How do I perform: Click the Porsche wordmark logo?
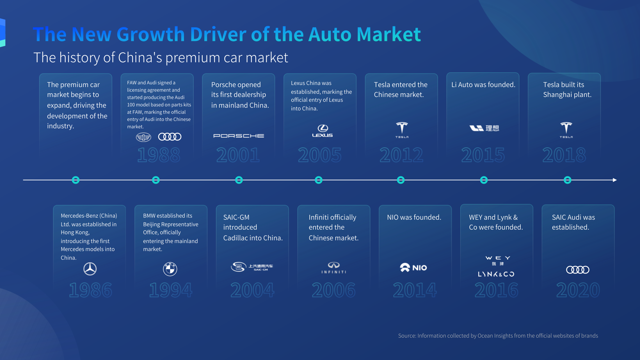tap(239, 136)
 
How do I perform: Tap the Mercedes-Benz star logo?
tap(90, 269)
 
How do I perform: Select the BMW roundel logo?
tap(170, 269)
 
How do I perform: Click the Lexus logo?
tap(322, 131)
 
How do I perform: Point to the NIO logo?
tap(413, 268)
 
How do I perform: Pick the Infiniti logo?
tap(334, 268)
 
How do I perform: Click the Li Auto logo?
tap(484, 128)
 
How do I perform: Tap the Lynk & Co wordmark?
tap(496, 274)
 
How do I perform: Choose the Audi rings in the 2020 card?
tap(578, 270)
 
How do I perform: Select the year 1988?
tap(159, 155)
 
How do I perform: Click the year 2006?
tap(334, 290)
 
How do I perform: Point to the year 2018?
tap(564, 155)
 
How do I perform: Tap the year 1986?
tap(90, 290)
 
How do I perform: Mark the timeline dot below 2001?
tap(239, 180)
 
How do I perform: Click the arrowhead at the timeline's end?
tap(615, 180)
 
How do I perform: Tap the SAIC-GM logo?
tap(252, 267)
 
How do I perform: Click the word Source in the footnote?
tap(407, 336)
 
